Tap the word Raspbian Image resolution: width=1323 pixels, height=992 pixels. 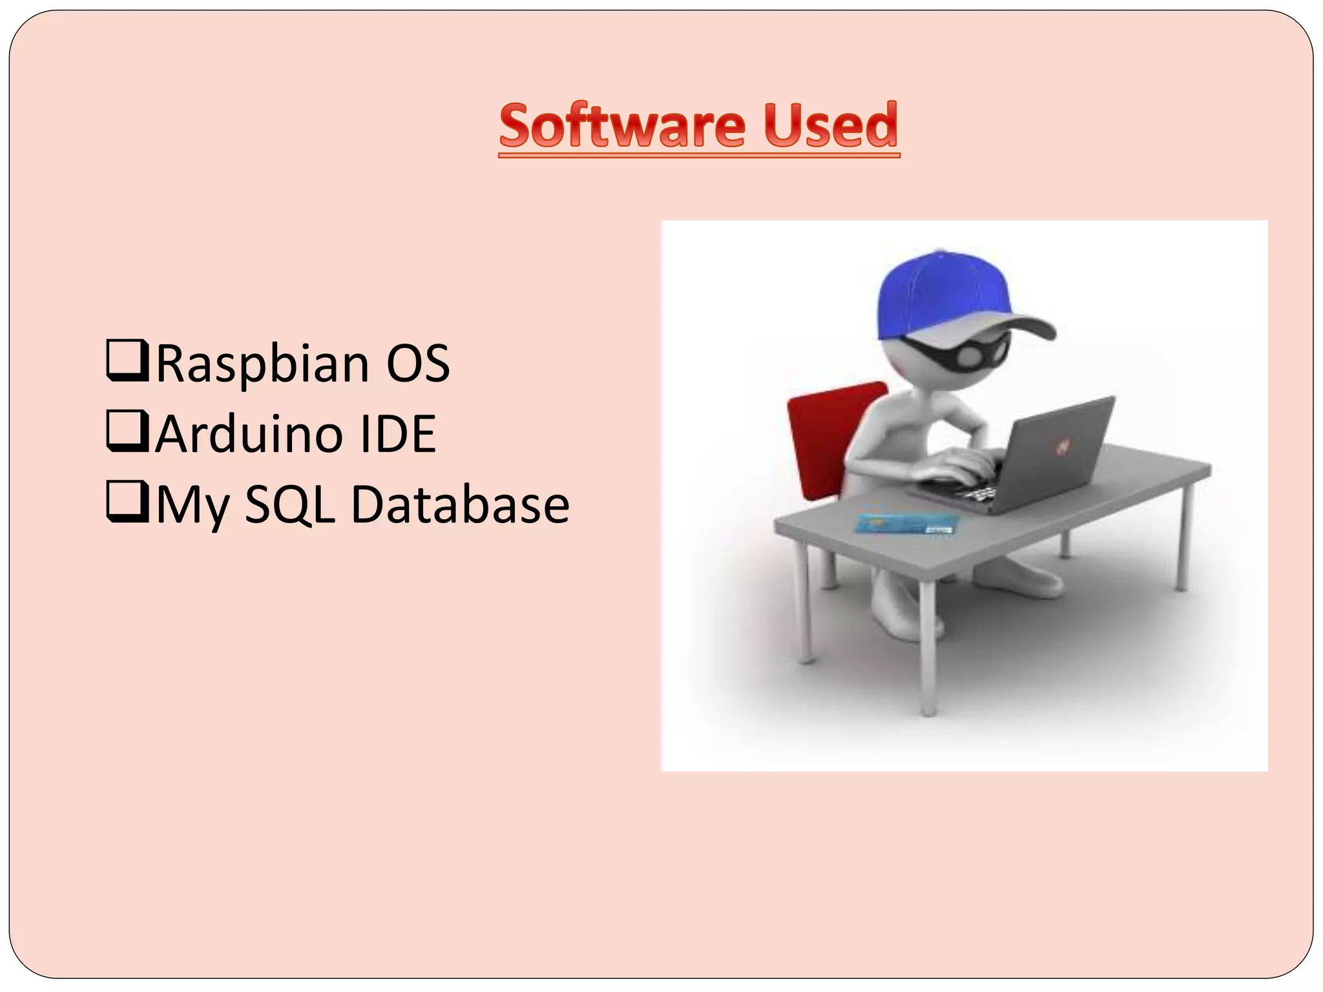pos(262,364)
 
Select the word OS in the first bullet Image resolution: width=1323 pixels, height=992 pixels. pos(417,364)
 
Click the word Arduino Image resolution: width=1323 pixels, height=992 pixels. pos(249,434)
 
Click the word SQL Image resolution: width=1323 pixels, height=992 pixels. pos(290,504)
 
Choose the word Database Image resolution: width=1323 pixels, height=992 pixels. pos(459,504)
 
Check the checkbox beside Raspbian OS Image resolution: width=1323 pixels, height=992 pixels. pos(128,362)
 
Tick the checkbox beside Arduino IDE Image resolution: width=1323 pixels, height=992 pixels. pos(128,432)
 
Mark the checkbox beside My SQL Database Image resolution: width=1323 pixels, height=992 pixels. pos(128,503)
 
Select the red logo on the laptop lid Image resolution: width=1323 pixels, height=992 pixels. pos(1061,446)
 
